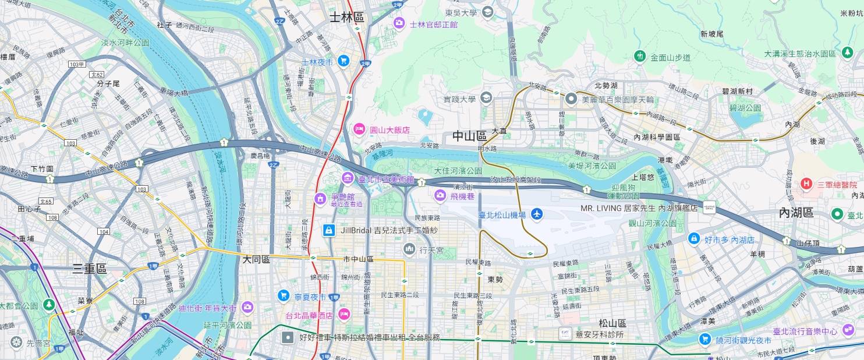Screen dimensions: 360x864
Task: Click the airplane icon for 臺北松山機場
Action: pyautogui.click(x=537, y=215)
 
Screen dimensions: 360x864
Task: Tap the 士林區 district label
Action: pyautogui.click(x=346, y=17)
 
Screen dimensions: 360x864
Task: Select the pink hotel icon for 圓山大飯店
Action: pyautogui.click(x=359, y=129)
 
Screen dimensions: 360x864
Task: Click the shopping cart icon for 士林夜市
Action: pyautogui.click(x=344, y=61)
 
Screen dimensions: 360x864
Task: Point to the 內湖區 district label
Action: pyautogui.click(x=796, y=213)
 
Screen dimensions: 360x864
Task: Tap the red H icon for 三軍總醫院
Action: pyautogui.click(x=806, y=185)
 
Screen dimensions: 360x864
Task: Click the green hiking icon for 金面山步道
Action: pyautogui.click(x=640, y=57)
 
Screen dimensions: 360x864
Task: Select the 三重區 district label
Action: pyautogui.click(x=90, y=269)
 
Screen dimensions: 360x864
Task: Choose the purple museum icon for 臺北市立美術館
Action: pyautogui.click(x=348, y=177)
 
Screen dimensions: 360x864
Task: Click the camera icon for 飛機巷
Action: pyautogui.click(x=440, y=196)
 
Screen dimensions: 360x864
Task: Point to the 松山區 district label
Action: pyautogui.click(x=612, y=323)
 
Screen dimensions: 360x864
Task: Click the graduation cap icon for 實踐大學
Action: pyautogui.click(x=486, y=98)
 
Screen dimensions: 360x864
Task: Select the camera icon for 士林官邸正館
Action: pyautogui.click(x=399, y=23)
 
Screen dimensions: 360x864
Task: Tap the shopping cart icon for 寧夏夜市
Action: pyautogui.click(x=284, y=295)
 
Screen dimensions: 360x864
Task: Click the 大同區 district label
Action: pyautogui.click(x=256, y=260)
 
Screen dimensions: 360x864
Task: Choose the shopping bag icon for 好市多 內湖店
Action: pyautogui.click(x=693, y=238)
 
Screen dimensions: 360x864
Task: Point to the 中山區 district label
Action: pyautogui.click(x=469, y=136)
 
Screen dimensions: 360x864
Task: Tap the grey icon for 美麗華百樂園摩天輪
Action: pyautogui.click(x=571, y=98)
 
